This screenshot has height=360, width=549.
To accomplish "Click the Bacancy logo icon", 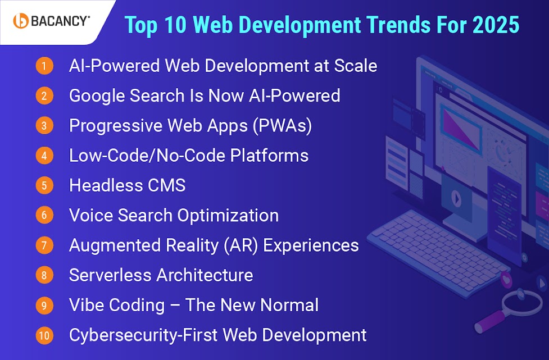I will point(21,21).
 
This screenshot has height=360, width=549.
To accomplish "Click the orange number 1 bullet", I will point(44,66).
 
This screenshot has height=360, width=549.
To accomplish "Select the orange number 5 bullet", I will point(44,185).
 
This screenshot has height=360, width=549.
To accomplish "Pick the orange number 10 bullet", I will point(44,335).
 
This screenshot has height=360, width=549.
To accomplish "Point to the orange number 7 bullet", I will point(44,245).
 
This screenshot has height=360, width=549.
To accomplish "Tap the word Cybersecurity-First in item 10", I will point(143,335).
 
